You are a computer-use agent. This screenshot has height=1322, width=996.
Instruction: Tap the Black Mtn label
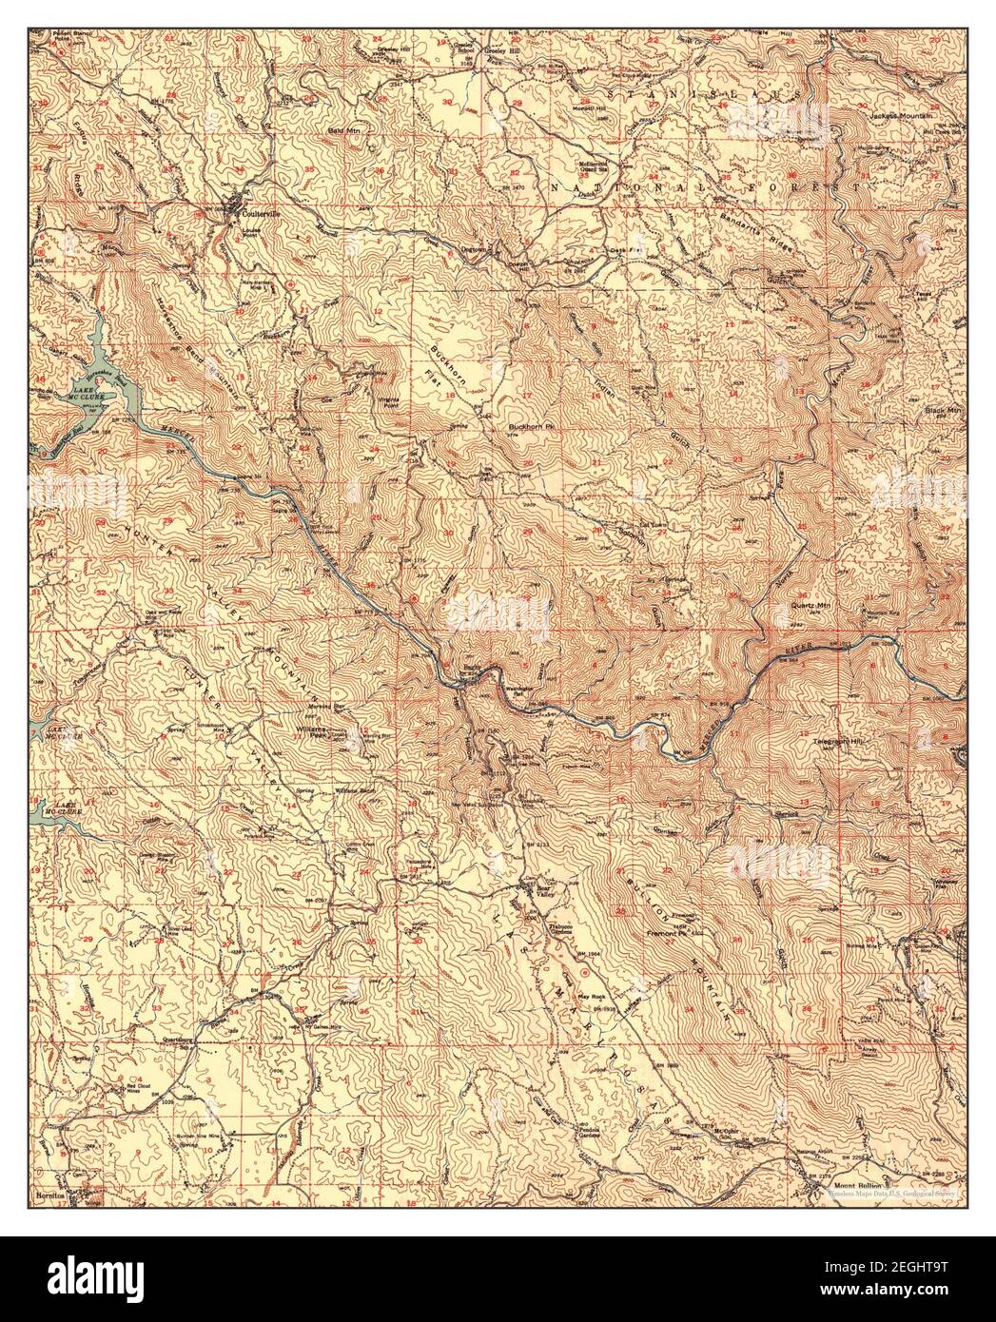(943, 409)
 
